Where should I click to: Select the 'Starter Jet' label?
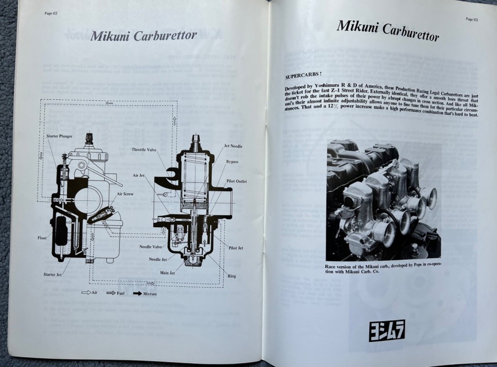click(52, 274)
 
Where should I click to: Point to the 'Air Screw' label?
click(126, 194)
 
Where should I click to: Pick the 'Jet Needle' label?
click(233, 146)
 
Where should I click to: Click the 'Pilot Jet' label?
click(236, 248)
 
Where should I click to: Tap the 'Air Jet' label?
click(139, 175)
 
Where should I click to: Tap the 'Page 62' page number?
click(51, 13)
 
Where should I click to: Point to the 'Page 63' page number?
click(472, 19)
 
